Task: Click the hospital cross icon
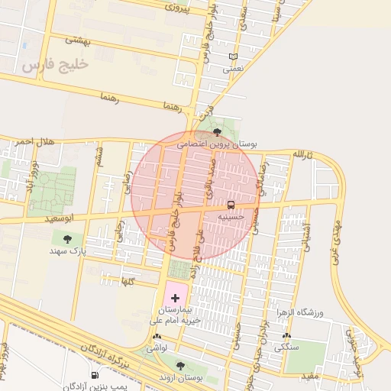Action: point(174,296)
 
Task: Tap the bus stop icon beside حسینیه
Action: point(231,205)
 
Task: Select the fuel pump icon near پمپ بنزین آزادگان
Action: point(95,375)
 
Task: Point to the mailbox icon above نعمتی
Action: point(233,57)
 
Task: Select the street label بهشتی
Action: point(78,40)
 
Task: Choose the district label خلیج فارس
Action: point(56,65)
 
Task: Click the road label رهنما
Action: point(111,98)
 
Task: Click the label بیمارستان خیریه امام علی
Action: point(179,315)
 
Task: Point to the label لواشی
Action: point(157,347)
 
